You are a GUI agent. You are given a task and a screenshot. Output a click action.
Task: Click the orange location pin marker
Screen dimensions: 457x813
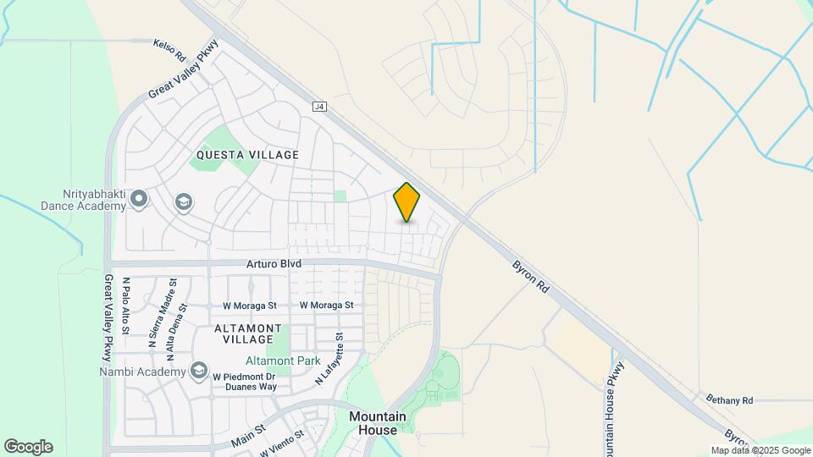[406, 202]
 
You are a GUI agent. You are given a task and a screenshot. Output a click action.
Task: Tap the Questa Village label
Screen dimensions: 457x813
[247, 155]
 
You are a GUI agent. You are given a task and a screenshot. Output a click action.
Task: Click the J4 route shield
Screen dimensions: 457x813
[319, 107]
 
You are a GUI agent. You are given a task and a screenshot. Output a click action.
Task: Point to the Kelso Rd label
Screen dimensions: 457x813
[169, 49]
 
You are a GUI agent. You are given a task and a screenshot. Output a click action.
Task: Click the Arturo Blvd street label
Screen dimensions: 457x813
[274, 264]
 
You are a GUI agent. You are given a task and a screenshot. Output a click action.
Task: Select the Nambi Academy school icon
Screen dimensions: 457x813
[199, 371]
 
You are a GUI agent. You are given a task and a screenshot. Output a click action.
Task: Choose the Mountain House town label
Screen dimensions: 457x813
[378, 423]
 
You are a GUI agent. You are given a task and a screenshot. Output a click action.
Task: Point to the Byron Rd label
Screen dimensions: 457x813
[531, 277]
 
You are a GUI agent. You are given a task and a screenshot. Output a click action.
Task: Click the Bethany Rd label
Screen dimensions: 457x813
[729, 399]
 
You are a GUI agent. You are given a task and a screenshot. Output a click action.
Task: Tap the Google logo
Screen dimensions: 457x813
[28, 447]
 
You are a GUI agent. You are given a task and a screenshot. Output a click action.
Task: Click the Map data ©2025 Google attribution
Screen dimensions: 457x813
[760, 450]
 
